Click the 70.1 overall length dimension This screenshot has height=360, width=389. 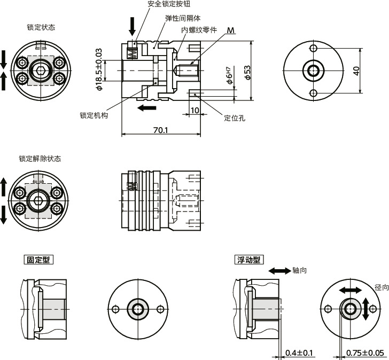click(160, 129)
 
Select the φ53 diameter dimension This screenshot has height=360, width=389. click(247, 73)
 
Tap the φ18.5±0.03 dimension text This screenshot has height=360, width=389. click(99, 69)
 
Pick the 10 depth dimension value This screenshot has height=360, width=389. click(194, 110)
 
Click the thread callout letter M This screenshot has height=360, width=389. click(230, 30)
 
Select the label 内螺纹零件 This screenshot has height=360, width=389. click(199, 30)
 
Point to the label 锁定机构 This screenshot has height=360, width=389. click(94, 115)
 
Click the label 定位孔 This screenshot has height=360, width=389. click(235, 119)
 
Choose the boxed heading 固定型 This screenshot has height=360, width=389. click(39, 260)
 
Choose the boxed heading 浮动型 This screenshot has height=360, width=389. click(249, 260)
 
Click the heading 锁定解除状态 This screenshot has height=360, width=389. click(40, 159)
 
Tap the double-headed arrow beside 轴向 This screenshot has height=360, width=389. click(279, 271)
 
